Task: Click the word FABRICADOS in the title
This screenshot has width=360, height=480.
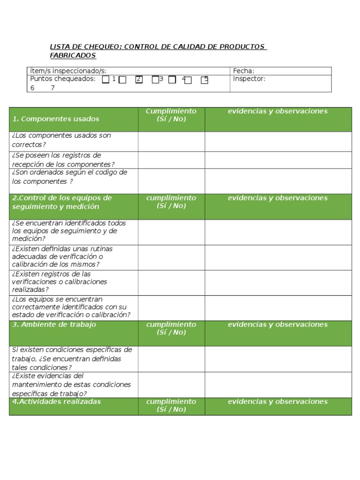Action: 73,55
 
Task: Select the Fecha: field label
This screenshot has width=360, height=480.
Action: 243,71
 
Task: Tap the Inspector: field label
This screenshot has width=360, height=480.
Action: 249,79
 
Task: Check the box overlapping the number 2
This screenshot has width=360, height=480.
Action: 139,80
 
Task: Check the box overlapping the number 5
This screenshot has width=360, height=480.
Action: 204,80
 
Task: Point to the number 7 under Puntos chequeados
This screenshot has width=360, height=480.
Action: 53,88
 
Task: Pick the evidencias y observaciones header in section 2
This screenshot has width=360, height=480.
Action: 277,198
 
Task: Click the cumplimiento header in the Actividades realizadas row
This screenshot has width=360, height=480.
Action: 171,405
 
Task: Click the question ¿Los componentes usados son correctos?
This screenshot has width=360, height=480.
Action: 61,140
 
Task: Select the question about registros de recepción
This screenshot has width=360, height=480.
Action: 63,159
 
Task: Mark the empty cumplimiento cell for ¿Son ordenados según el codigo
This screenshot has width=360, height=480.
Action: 171,180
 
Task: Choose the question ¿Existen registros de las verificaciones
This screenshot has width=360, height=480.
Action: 60,282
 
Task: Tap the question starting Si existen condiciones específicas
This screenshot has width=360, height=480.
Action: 72,359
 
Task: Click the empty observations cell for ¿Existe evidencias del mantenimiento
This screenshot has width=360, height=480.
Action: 278,384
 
